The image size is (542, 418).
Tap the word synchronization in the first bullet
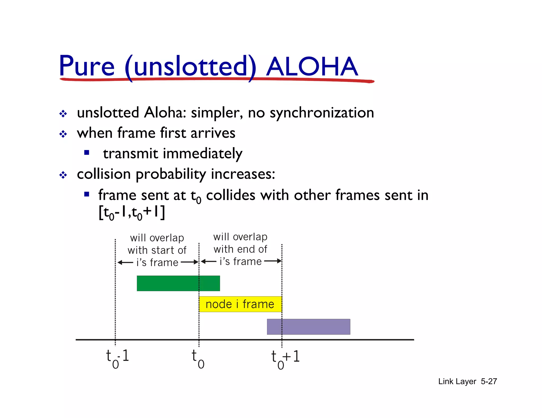coord(322,113)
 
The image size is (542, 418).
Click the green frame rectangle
coord(178,283)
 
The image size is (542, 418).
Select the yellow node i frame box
coord(240,304)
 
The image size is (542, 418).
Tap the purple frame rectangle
coord(308,327)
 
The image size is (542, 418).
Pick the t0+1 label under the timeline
coord(285,359)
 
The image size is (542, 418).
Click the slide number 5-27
coord(489,381)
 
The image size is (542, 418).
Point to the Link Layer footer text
coord(457,381)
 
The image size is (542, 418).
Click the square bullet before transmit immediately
coord(87,152)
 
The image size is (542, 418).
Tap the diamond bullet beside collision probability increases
coord(63,175)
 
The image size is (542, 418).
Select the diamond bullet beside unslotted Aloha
coord(63,114)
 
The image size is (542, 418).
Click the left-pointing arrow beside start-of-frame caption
coord(125,262)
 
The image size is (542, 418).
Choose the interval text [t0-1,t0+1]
coord(132,212)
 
